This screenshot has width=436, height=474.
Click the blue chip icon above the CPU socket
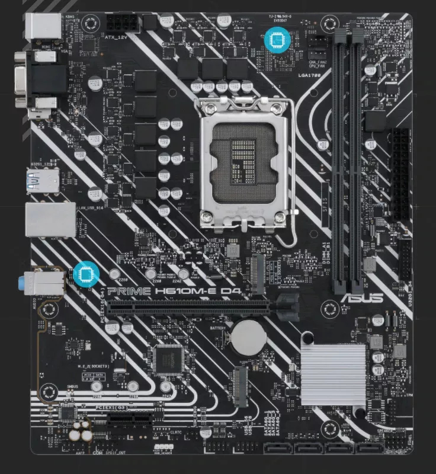(275, 39)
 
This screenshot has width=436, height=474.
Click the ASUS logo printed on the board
(361, 298)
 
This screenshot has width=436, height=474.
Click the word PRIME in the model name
(127, 291)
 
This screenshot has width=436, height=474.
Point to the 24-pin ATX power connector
(401, 172)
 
